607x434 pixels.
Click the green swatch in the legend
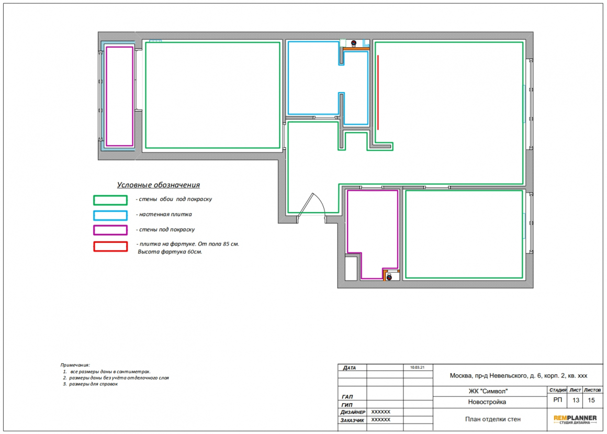pyautogui.click(x=110, y=200)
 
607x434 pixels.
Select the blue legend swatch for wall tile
pyautogui.click(x=110, y=215)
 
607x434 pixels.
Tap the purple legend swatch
pyautogui.click(x=110, y=230)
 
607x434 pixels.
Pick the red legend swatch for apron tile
pyautogui.click(x=110, y=247)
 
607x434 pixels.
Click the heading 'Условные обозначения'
pyautogui.click(x=159, y=185)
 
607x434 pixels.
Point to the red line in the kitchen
pyautogui.click(x=378, y=93)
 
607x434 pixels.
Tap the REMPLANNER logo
pyautogui.click(x=575, y=419)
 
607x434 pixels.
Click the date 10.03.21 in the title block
pyautogui.click(x=418, y=368)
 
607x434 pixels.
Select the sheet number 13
pyautogui.click(x=576, y=400)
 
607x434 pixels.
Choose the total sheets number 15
pyautogui.click(x=591, y=400)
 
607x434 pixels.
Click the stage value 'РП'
pyautogui.click(x=557, y=400)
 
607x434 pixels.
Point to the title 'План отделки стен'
pyautogui.click(x=493, y=419)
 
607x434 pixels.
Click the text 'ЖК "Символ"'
pyautogui.click(x=488, y=391)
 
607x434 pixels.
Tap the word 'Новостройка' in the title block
pyautogui.click(x=487, y=402)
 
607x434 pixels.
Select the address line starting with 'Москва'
pyautogui.click(x=519, y=375)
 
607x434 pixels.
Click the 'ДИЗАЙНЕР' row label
pyautogui.click(x=353, y=413)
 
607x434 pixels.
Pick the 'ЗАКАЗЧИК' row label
pyautogui.click(x=352, y=420)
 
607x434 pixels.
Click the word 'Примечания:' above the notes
pyautogui.click(x=75, y=365)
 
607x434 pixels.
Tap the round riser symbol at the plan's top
pyautogui.click(x=353, y=43)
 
